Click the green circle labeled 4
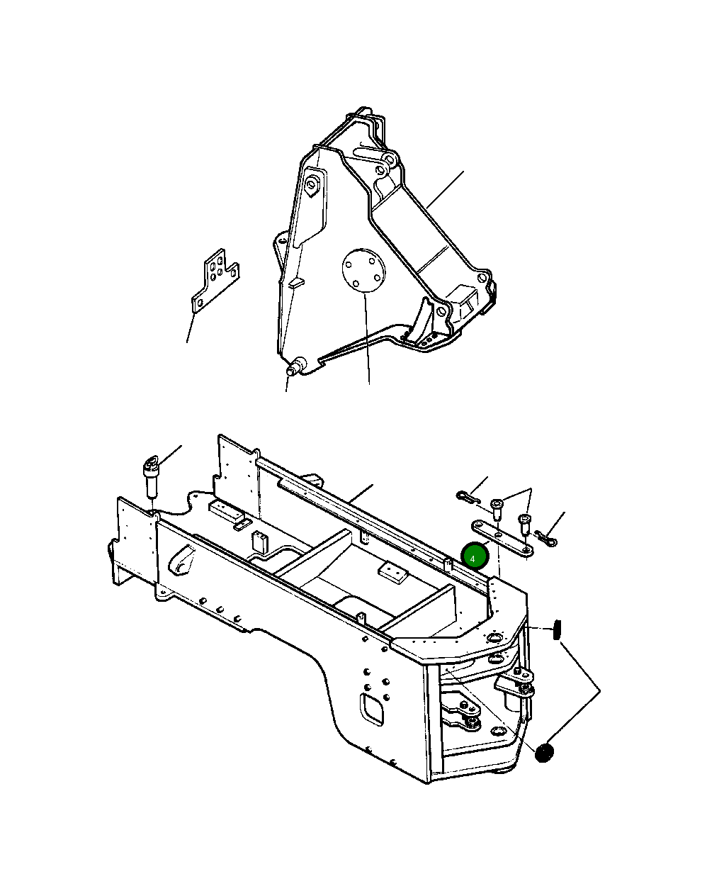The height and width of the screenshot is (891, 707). (475, 556)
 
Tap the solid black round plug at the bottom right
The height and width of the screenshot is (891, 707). (544, 752)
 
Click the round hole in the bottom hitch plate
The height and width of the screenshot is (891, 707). (497, 730)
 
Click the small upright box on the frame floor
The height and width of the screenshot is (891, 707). (261, 542)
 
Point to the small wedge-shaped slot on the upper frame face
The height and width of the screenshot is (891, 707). (295, 283)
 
